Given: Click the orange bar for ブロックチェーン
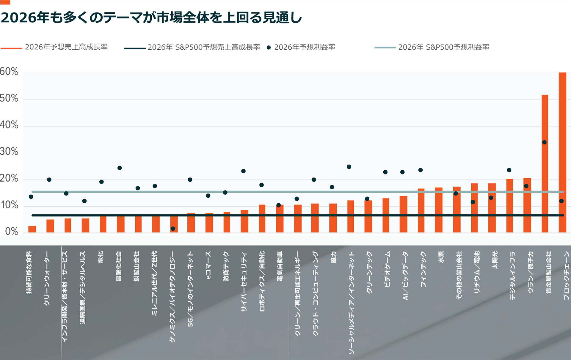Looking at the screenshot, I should [562, 152].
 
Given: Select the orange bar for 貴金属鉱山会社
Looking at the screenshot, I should [545, 164].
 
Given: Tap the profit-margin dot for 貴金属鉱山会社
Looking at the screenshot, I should [544, 142].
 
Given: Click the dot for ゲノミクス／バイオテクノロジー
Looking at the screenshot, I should [173, 229].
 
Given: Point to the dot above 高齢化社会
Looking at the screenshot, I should [120, 168].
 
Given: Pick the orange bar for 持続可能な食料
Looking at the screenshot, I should [32, 229].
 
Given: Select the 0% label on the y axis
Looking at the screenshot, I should [12, 232].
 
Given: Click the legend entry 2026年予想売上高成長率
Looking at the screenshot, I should [66, 47].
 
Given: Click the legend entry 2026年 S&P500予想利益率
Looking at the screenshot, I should [443, 47].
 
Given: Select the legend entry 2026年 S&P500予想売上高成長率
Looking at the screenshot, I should [204, 47].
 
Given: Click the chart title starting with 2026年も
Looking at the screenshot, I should [151, 18].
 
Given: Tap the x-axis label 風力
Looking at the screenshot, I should [333, 257].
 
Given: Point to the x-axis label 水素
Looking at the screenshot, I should [441, 257].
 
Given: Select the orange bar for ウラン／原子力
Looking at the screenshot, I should [527, 205].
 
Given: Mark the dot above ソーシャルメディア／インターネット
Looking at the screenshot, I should [349, 167].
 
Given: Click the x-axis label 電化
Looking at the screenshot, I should [101, 257].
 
